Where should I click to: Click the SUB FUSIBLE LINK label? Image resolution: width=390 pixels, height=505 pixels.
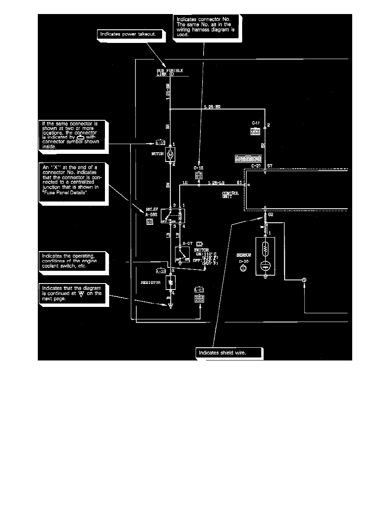pos(170,72)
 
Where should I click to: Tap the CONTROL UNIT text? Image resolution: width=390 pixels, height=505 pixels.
pos(231,195)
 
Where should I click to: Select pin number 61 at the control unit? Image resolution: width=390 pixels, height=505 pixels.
pos(240,182)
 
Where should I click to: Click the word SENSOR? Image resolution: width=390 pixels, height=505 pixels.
pos(244,255)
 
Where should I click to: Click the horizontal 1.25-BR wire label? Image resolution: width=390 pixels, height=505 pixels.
pos(212,106)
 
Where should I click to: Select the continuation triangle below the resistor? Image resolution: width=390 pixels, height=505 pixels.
pos(170,305)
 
